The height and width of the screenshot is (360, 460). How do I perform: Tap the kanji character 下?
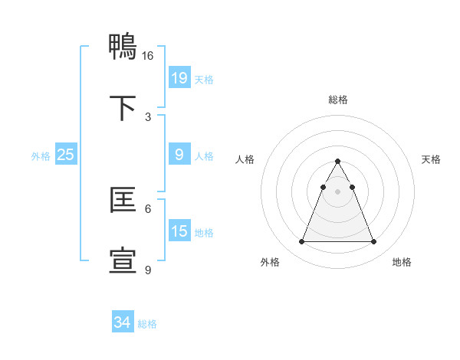(x=123, y=107)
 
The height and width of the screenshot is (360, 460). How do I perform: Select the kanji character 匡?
(x=123, y=201)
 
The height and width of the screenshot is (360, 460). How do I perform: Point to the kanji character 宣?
(x=123, y=260)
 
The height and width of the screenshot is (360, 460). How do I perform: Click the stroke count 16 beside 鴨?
(x=148, y=56)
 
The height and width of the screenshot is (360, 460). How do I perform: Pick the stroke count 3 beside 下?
(x=148, y=116)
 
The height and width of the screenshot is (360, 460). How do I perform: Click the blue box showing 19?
(x=179, y=77)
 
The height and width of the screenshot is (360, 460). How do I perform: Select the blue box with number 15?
(x=179, y=231)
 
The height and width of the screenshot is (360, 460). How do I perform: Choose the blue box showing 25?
(x=66, y=155)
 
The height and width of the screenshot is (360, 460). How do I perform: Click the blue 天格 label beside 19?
(x=204, y=80)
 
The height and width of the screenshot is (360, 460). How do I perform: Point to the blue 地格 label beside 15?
(x=204, y=233)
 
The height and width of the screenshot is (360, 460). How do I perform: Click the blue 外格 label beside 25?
(x=41, y=156)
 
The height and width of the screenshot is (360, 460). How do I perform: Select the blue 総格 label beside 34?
(x=147, y=324)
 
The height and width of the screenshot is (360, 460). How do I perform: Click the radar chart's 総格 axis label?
(x=337, y=100)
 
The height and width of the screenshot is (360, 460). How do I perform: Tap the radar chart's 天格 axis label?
(x=431, y=159)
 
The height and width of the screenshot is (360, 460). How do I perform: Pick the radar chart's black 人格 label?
(x=245, y=159)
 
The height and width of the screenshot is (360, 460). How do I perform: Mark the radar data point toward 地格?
(x=373, y=242)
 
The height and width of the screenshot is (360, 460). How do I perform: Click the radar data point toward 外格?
(x=301, y=242)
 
